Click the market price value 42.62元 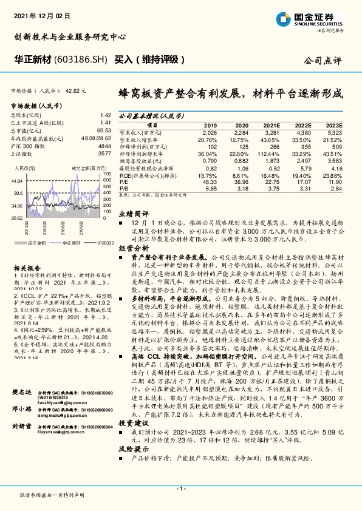[x=76, y=90]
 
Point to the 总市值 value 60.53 [x=104, y=130]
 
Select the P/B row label [x=125, y=188]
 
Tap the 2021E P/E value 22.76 [x=273, y=181]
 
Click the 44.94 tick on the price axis [x=17, y=181]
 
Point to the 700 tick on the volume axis [x=108, y=173]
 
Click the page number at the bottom [x=180, y=487]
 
